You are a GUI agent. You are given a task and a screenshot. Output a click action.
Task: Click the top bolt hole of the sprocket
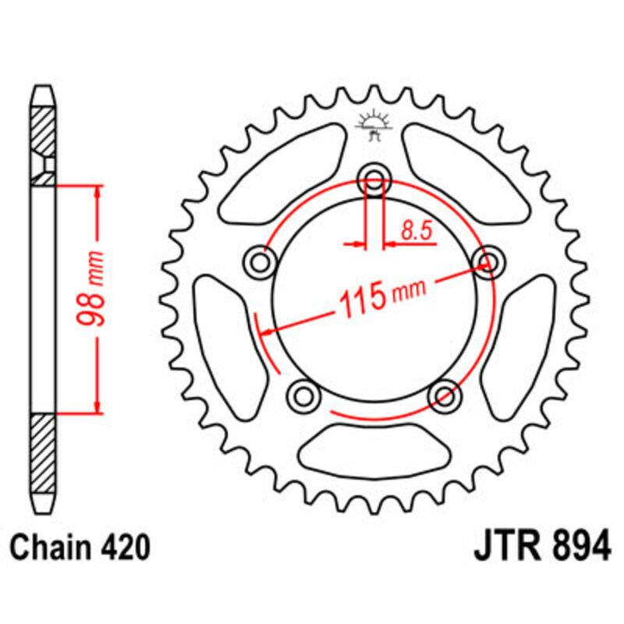tap(374, 181)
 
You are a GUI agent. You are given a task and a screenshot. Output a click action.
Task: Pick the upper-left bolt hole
tap(261, 263)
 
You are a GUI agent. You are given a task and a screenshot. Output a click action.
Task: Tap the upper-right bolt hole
tap(487, 263)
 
